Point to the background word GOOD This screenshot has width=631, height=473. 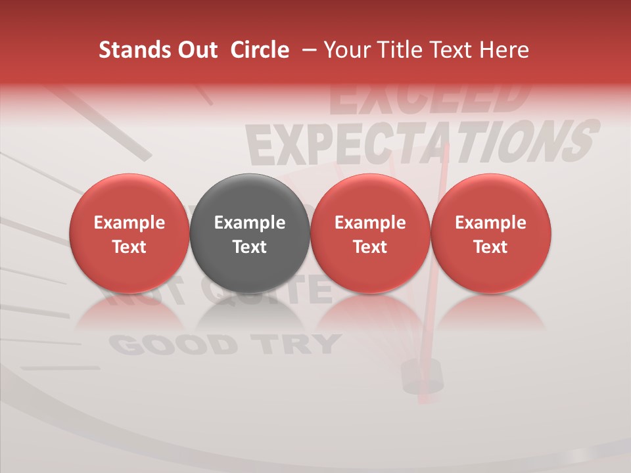[x=172, y=345]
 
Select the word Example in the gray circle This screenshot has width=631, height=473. [x=250, y=223]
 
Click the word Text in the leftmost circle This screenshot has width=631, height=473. [x=129, y=247]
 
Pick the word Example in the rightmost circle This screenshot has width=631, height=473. [x=490, y=223]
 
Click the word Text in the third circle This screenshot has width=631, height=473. [x=370, y=247]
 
